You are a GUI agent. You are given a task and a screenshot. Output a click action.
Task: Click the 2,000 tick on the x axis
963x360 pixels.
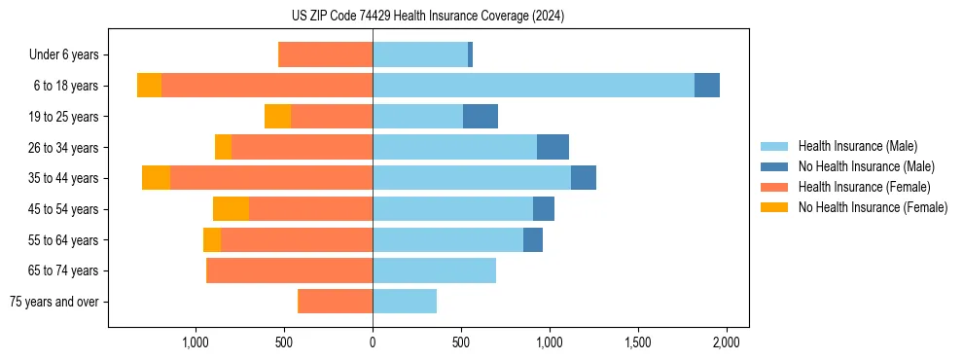pos(727,342)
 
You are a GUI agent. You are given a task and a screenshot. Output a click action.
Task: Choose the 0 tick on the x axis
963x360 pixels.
pos(373,342)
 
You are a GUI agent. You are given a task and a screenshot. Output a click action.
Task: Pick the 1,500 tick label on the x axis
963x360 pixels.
pos(638,342)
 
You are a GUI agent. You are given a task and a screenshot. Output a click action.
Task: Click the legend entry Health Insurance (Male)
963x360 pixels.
pos(857,146)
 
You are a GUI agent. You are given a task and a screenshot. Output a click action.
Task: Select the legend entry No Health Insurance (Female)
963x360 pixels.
pos(873,207)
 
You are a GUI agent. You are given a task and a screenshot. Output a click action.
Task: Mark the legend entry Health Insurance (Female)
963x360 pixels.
pos(864,187)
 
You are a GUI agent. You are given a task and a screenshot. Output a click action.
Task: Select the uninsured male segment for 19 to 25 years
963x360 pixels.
pos(481,117)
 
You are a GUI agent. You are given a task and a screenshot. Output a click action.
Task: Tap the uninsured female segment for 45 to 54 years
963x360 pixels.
pos(232,209)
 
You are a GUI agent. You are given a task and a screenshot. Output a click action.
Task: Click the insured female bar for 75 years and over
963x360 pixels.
pos(336,302)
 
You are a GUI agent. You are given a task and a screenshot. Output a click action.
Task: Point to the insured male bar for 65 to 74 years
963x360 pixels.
pos(434,270)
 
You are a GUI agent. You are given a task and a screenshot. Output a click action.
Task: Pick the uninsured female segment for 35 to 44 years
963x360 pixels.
pos(157,178)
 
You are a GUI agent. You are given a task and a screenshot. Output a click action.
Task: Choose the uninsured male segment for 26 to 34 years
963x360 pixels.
pos(553,147)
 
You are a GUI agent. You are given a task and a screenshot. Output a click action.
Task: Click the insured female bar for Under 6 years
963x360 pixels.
pos(326,54)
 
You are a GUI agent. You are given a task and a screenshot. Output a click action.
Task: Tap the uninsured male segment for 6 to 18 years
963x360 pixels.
pos(707,86)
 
